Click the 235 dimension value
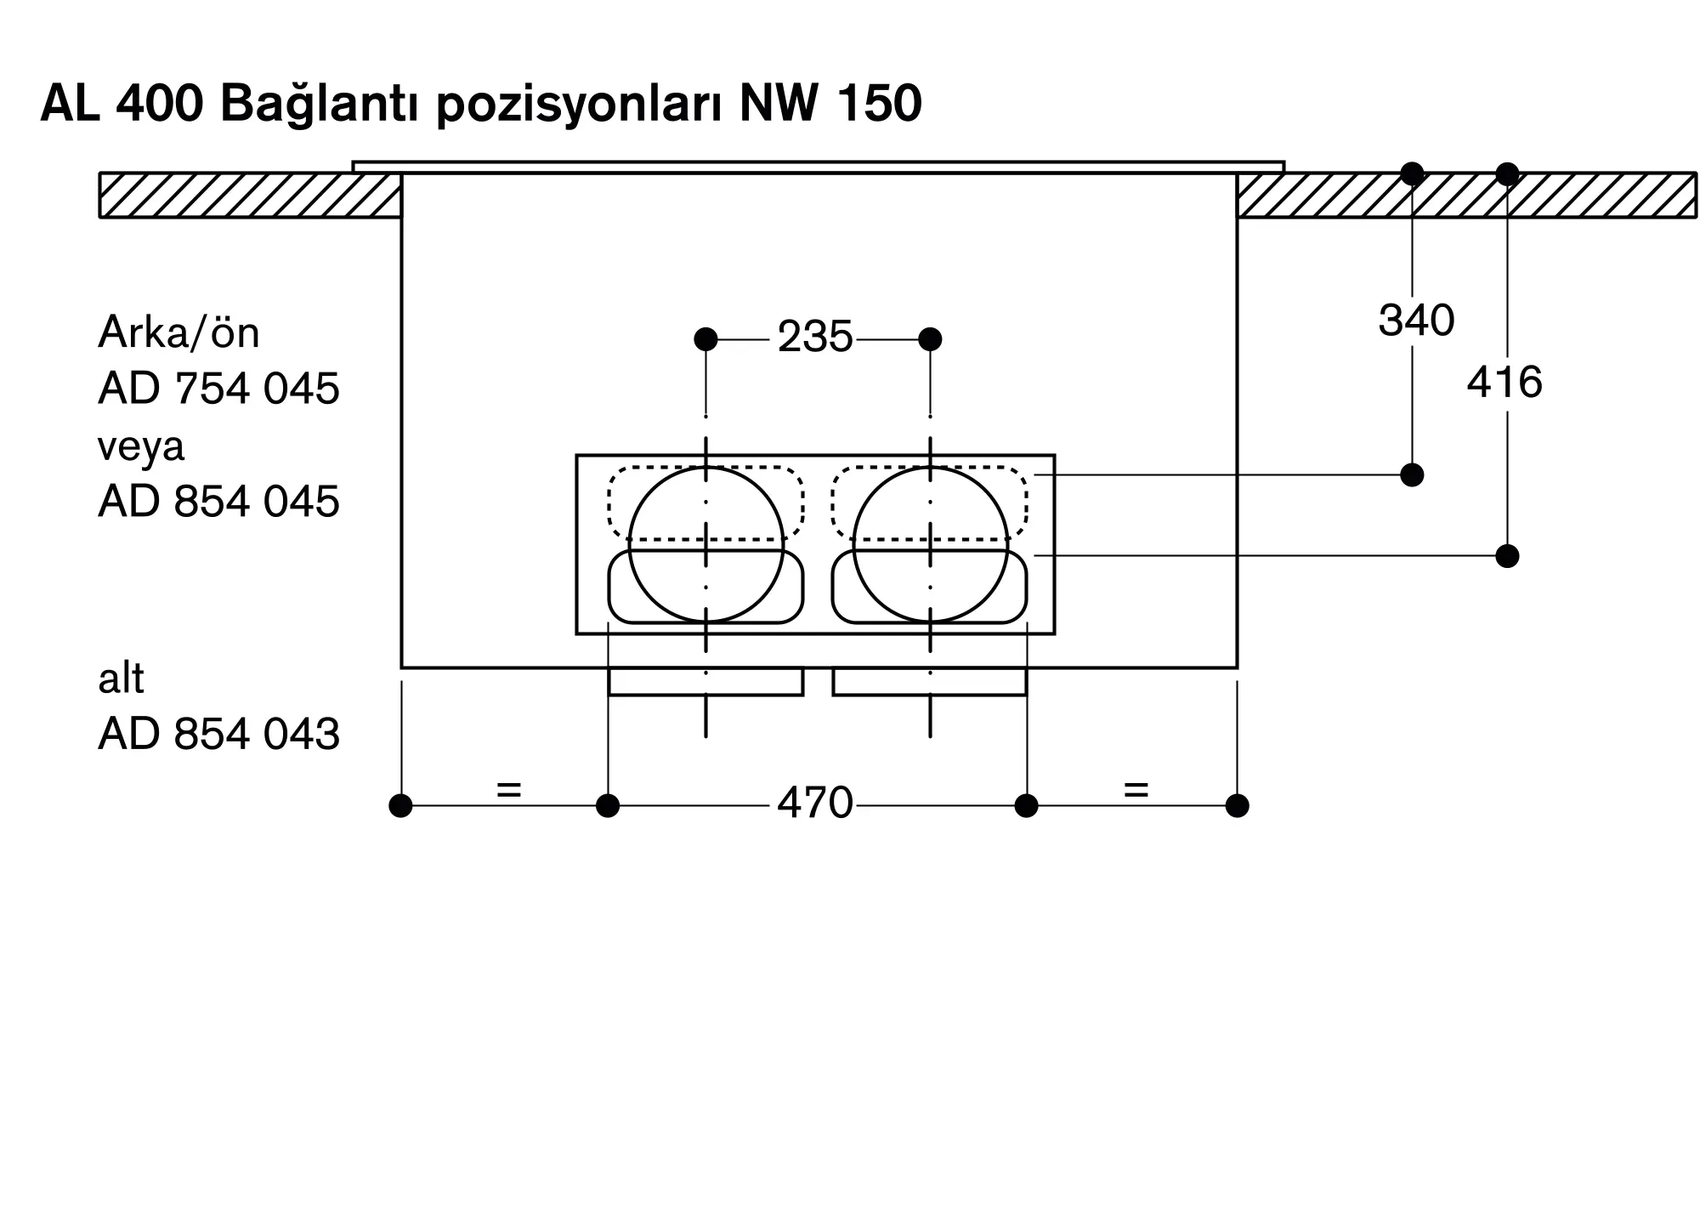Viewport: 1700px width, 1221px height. [814, 338]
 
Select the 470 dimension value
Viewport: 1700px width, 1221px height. [814, 804]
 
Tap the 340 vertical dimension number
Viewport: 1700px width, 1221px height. [1416, 321]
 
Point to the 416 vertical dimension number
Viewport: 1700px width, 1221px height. [1504, 383]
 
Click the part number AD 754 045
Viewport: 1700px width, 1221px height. [218, 389]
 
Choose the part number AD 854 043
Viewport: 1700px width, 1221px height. [218, 734]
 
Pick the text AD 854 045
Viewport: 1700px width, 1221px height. [218, 502]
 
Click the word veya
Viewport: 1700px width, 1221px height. [141, 446]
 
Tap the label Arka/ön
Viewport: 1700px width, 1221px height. [178, 332]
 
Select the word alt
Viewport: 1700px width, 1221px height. [121, 679]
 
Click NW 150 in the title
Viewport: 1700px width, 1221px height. [830, 104]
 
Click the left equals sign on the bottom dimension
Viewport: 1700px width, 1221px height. [508, 790]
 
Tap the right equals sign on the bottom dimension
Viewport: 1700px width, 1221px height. [1136, 790]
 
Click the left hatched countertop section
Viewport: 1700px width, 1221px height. [250, 196]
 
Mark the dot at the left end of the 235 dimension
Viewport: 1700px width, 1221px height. [705, 339]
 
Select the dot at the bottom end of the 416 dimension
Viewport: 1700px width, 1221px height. [1507, 556]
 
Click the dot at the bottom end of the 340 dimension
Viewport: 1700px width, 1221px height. [1412, 474]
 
